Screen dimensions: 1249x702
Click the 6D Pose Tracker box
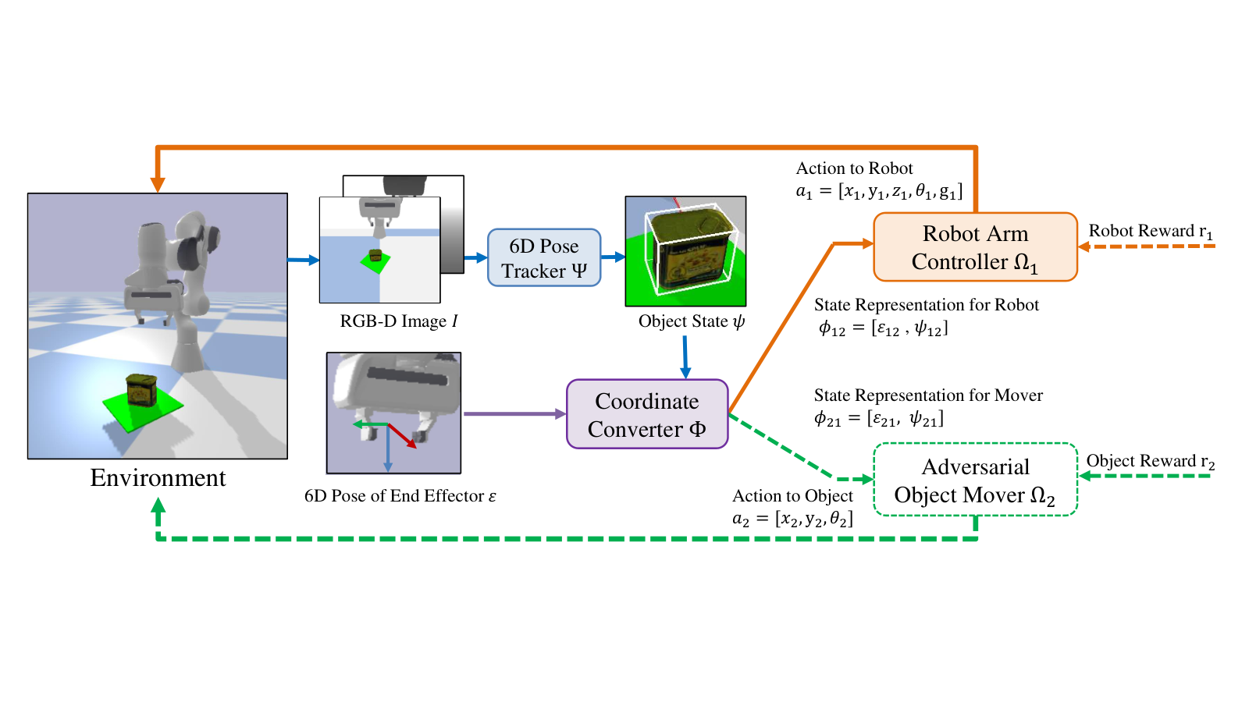pos(544,258)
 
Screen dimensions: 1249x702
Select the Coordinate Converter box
pos(647,414)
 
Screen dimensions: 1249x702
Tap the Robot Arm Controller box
pos(975,246)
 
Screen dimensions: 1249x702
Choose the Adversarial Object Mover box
pos(975,480)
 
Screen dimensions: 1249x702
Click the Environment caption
pos(158,478)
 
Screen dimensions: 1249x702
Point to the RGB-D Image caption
pos(399,321)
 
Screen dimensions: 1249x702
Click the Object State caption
pos(692,321)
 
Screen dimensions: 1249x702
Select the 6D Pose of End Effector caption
pos(400,496)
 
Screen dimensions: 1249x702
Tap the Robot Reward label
pos(1151,231)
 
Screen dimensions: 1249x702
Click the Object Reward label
pos(1151,461)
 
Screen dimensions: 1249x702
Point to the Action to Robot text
pos(854,168)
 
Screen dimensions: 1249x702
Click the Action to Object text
pos(792,496)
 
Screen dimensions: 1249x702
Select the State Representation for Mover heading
pos(928,395)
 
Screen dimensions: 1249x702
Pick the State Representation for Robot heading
pos(927,305)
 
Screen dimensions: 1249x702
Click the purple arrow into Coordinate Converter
pos(514,414)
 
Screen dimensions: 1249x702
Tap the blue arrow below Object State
pos(685,357)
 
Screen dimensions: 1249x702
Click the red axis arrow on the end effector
pos(402,436)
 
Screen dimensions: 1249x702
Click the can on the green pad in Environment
pos(141,389)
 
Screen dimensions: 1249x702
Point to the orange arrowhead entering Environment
pos(158,185)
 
